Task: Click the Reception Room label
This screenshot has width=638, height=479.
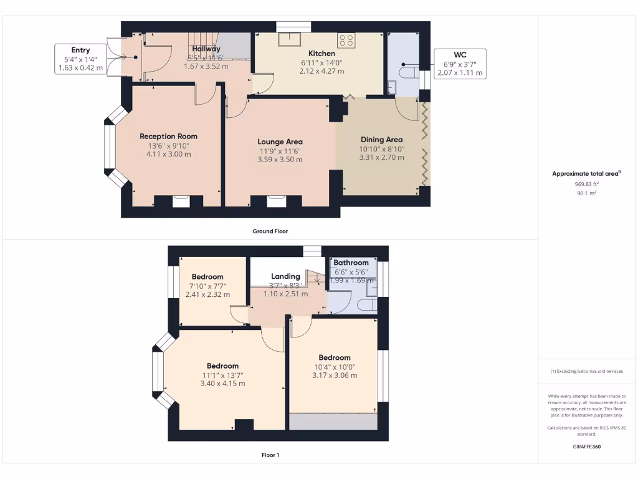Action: click(x=168, y=136)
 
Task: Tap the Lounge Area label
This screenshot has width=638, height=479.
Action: click(x=280, y=142)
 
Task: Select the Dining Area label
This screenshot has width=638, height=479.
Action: click(x=381, y=140)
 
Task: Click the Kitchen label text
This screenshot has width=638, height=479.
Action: click(x=321, y=54)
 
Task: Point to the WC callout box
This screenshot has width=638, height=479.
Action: click(x=460, y=64)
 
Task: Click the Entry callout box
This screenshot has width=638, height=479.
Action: click(x=80, y=59)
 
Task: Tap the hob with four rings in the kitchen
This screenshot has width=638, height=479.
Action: click(x=346, y=41)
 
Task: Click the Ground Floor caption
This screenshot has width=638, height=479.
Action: click(x=270, y=231)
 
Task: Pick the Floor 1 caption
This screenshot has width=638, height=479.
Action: click(x=270, y=455)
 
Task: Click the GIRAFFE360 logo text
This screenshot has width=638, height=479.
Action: click(x=587, y=447)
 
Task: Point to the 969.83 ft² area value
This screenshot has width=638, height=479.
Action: click(x=586, y=185)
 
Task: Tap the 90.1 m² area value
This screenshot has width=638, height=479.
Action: click(x=586, y=193)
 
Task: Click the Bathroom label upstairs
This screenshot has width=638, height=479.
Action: click(x=351, y=263)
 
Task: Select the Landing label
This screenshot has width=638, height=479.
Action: click(x=285, y=276)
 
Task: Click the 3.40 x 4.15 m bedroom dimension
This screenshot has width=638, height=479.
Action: click(x=222, y=384)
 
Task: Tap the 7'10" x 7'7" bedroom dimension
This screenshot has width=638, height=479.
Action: click(x=207, y=286)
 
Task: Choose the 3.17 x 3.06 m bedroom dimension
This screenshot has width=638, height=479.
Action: click(x=335, y=375)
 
